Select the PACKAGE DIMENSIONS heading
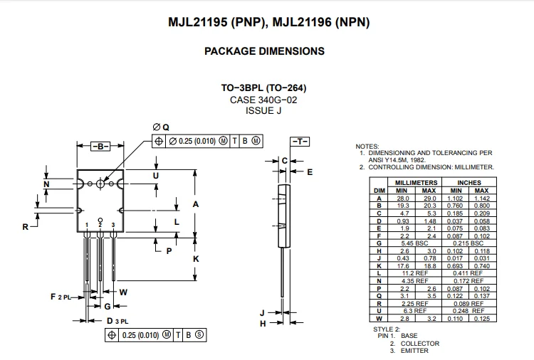264,51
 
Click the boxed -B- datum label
100,146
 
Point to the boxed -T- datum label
299,141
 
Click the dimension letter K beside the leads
196,259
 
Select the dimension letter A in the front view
196,205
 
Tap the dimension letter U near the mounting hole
156,175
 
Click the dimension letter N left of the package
46,185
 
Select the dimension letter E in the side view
310,171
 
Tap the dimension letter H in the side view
262,324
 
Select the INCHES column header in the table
469,183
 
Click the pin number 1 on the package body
87,225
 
